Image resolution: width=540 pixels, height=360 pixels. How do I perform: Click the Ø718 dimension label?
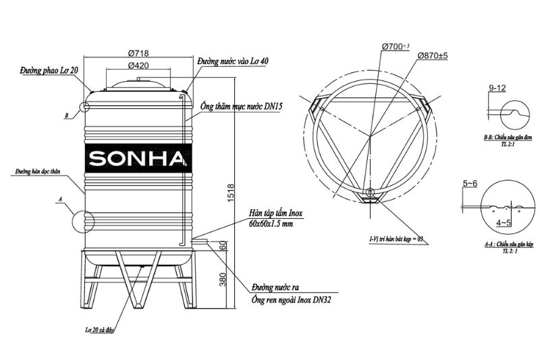pyautogui.click(x=138, y=53)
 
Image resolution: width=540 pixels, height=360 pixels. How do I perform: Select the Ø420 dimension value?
pyautogui.click(x=138, y=66)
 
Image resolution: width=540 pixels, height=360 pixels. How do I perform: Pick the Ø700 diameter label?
pyautogui.click(x=396, y=45)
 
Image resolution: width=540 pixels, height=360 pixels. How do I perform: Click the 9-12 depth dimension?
pyautogui.click(x=496, y=88)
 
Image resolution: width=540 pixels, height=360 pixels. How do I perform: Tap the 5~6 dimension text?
pyautogui.click(x=471, y=182)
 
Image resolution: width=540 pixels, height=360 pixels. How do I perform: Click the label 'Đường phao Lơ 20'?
pyautogui.click(x=50, y=70)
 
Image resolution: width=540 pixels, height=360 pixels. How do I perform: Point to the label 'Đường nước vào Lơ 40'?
pyautogui.click(x=233, y=61)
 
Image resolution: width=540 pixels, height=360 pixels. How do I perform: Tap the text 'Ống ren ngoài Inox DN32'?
pyautogui.click(x=291, y=298)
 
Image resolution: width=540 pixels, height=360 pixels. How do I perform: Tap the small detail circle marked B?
pyautogui.click(x=84, y=107)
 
